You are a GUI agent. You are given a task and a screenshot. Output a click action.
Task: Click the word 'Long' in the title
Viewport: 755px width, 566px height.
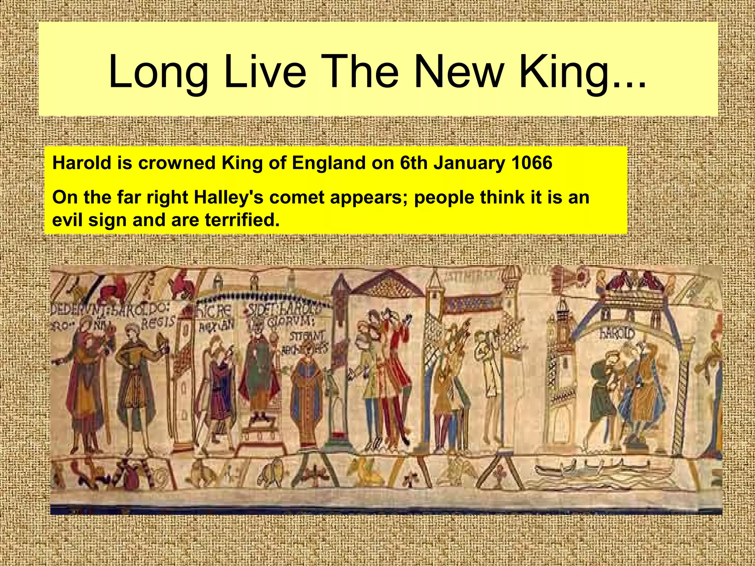[159, 72]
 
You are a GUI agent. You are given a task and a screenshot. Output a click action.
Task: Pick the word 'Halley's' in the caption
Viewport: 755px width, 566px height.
[228, 198]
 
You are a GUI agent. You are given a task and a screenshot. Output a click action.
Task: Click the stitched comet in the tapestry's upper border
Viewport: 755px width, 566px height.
[573, 276]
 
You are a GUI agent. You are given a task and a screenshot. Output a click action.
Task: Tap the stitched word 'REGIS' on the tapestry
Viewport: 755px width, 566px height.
[159, 323]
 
